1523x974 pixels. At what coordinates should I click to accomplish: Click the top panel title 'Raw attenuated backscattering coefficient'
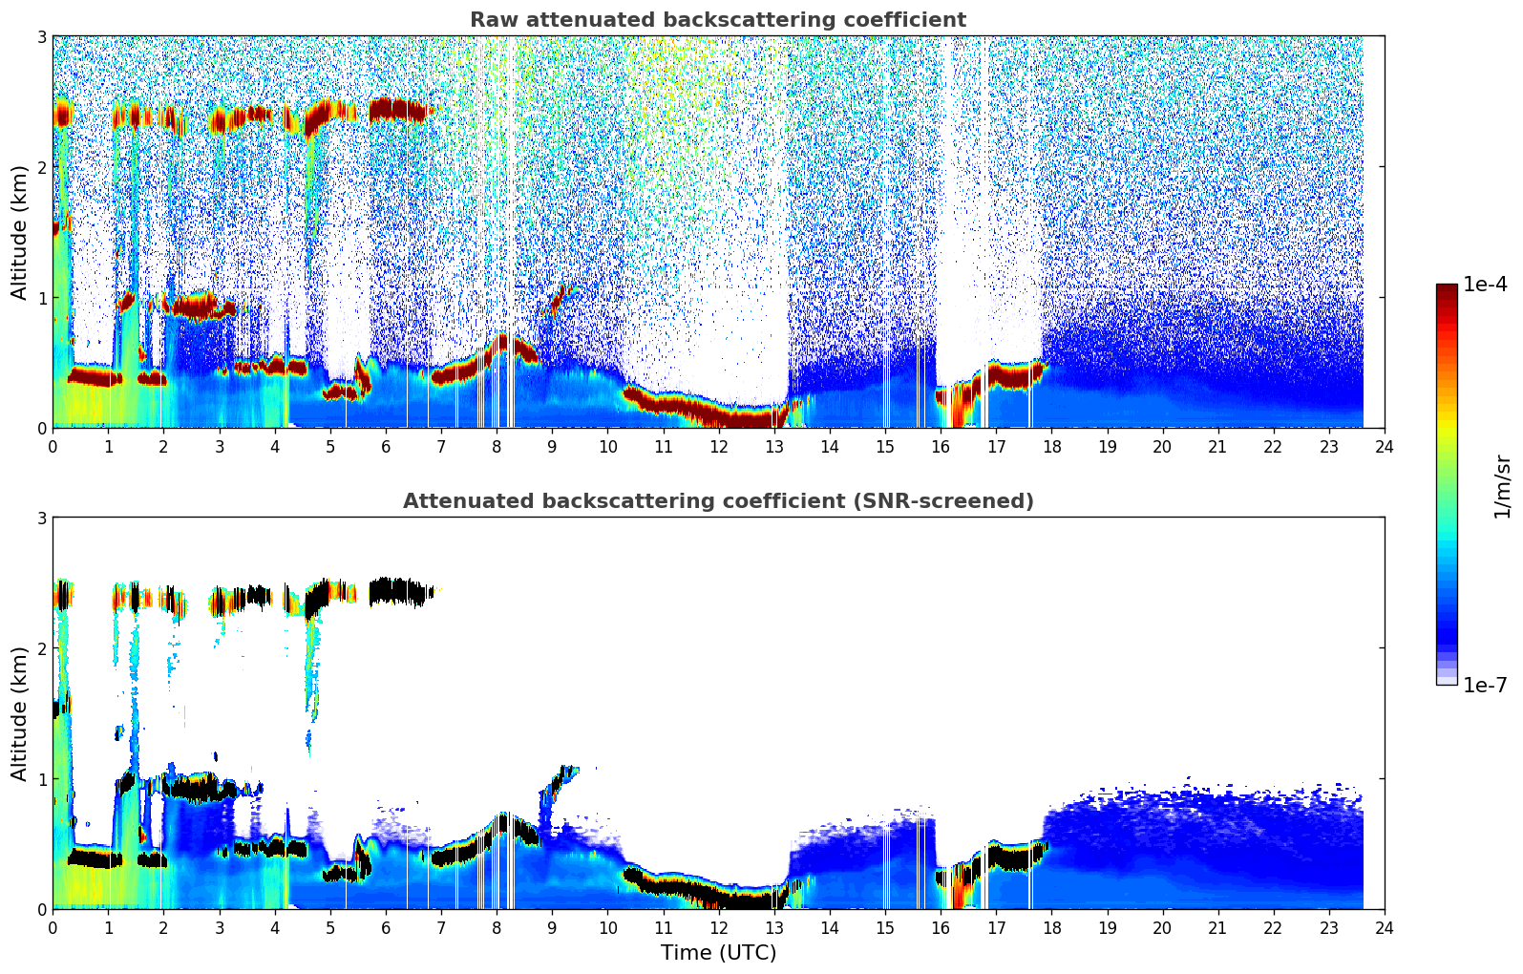click(718, 20)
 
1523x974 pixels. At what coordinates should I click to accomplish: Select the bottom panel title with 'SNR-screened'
click(718, 501)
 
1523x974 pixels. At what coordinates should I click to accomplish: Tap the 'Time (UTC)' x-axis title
click(718, 953)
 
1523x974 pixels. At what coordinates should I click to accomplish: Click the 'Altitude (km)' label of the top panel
click(20, 232)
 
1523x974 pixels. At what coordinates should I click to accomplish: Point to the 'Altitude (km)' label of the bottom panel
click(20, 713)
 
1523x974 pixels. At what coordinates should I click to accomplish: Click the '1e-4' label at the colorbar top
click(1485, 285)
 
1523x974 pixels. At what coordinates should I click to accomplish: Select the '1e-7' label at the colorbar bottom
click(1485, 685)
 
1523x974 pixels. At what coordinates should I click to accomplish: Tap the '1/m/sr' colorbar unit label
click(1502, 486)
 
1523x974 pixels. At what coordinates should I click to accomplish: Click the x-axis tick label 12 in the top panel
click(718, 446)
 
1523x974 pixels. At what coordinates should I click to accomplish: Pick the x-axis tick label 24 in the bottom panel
click(1384, 927)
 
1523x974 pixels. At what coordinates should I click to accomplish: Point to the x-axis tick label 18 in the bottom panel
click(1051, 927)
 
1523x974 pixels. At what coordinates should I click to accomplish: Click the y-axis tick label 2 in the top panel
click(41, 167)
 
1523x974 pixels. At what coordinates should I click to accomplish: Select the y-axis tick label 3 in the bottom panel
click(41, 518)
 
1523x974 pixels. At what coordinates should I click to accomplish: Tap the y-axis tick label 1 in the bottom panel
click(41, 779)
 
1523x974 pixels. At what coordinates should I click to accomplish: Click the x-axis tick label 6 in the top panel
click(386, 446)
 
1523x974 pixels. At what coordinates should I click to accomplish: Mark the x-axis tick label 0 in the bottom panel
click(53, 927)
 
